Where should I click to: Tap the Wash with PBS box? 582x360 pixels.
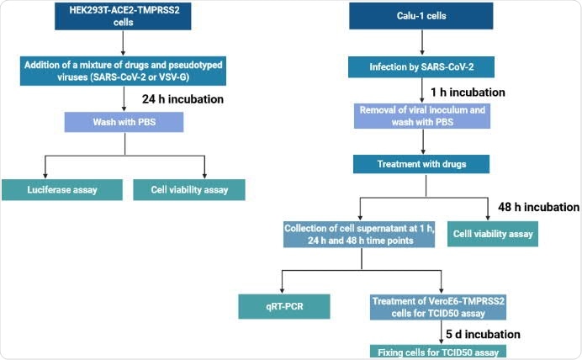[x=123, y=123]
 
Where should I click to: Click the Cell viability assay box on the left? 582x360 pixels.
[x=188, y=189]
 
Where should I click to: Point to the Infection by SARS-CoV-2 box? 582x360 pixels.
[x=419, y=66]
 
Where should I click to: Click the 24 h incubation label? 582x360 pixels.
[x=183, y=98]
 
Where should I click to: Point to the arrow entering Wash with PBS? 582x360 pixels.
[x=123, y=98]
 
